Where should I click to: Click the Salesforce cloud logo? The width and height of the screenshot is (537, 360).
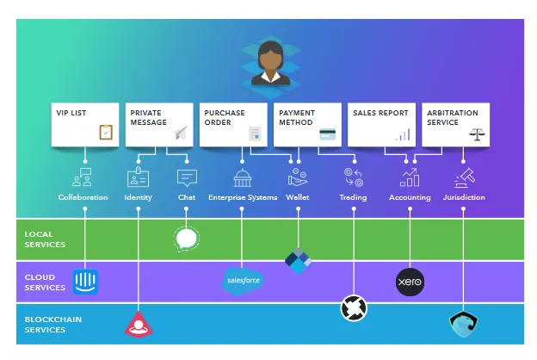click(243, 281)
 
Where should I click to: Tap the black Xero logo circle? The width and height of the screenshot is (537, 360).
click(410, 282)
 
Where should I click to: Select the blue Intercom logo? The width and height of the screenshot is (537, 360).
click(85, 282)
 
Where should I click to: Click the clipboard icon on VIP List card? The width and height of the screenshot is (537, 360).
click(106, 132)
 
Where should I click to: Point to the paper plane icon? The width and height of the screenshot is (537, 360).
click(181, 133)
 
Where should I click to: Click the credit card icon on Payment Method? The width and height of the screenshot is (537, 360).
click(327, 134)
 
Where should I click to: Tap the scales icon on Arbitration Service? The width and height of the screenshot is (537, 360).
click(477, 134)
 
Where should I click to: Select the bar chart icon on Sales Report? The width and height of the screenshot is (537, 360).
click(403, 134)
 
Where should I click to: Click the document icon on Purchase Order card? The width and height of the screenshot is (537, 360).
click(255, 133)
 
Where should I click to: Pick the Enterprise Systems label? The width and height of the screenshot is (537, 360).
click(243, 197)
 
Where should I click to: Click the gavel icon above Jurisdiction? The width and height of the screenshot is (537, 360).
click(465, 177)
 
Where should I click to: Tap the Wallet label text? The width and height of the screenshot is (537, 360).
click(298, 197)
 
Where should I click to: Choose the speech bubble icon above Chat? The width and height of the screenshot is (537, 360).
click(187, 178)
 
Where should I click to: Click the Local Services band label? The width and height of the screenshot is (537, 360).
click(45, 239)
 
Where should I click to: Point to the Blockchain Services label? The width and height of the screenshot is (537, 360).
click(53, 325)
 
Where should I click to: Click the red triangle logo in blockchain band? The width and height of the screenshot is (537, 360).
click(139, 325)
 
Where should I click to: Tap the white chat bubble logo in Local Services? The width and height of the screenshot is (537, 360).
click(186, 239)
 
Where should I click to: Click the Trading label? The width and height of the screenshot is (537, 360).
click(353, 197)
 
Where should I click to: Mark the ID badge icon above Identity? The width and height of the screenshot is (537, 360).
click(138, 177)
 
